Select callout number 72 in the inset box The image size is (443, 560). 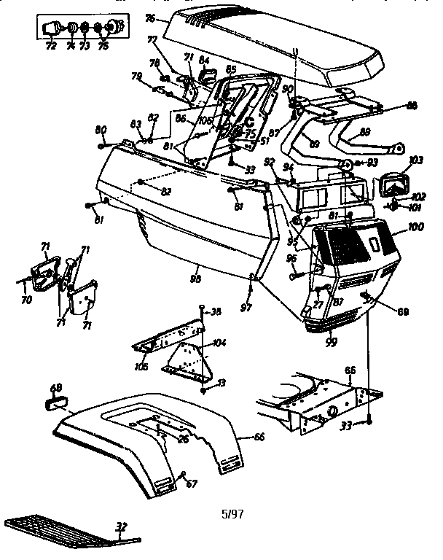pos(51,45)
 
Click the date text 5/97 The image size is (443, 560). pos(232,513)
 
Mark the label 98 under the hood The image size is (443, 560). pos(195,278)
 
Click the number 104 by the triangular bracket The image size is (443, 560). pos(219,342)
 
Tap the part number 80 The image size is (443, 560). pos(101,130)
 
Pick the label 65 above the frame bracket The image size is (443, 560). pos(350,370)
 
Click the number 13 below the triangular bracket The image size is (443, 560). pos(221,382)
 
